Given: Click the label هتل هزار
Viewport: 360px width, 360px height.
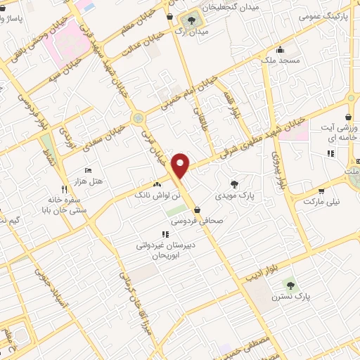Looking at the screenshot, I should coord(88,181).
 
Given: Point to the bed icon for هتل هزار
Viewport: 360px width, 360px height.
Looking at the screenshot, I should coord(88,170).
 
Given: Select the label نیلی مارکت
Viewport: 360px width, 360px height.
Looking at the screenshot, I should coord(321,201).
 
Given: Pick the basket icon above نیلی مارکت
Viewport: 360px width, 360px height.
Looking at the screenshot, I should coord(321,191).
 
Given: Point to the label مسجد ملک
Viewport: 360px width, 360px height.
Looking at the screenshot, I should coord(280,60).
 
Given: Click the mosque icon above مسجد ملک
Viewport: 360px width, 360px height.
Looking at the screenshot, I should coord(281,50).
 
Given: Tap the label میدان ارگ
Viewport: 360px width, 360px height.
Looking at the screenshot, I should coord(190,31).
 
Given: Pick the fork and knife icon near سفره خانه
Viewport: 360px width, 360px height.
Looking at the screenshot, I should coord(64,188).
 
